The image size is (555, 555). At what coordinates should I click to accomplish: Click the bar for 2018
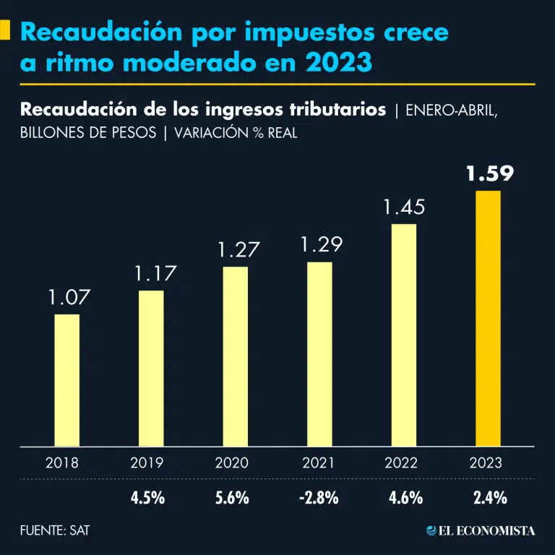pos(67,380)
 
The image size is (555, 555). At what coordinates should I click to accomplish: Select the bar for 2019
pos(151,369)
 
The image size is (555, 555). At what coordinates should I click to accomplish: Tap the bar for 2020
pos(235,356)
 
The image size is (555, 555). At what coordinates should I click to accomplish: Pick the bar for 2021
pos(319,354)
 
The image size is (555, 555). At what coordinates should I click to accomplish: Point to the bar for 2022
pos(403,335)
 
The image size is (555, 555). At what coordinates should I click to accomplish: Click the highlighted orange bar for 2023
pos(488,319)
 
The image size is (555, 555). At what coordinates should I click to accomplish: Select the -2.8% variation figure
pos(319,498)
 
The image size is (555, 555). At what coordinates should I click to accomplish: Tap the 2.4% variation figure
pos(488,498)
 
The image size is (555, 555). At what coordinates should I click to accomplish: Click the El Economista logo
pos(481,530)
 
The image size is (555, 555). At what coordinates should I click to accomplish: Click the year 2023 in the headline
pos(337,63)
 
